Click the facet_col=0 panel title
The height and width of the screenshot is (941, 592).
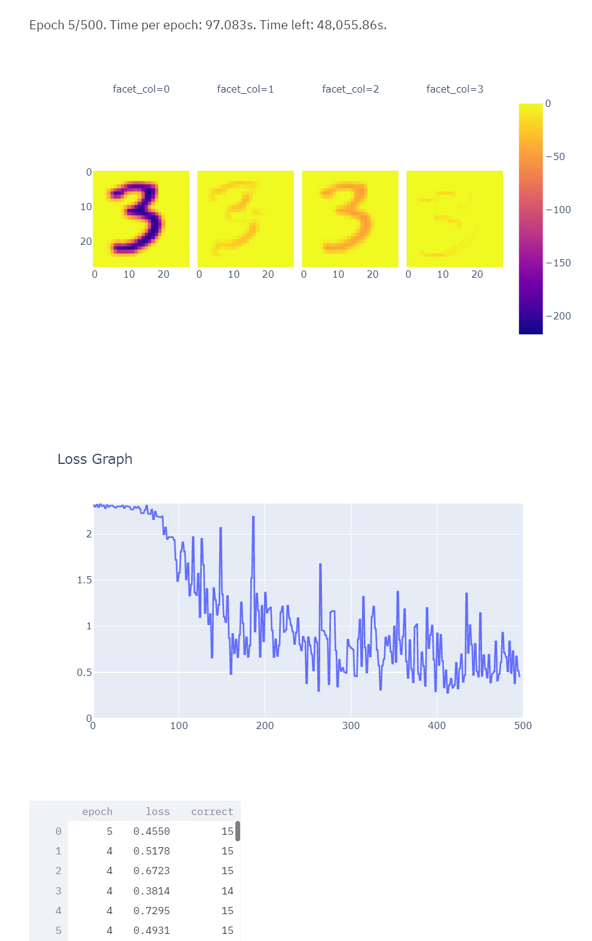(x=141, y=89)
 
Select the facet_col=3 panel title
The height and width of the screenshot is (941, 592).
(x=455, y=89)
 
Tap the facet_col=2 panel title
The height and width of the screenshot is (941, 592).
(x=350, y=89)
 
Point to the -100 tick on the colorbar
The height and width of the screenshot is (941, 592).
(x=559, y=210)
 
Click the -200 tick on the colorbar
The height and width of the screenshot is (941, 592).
(x=559, y=316)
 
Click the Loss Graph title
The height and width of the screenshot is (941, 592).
(x=95, y=459)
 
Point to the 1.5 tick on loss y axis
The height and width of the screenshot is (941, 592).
(x=84, y=580)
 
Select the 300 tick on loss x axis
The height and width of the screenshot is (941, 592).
(x=351, y=725)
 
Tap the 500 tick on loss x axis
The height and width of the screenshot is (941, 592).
(x=523, y=725)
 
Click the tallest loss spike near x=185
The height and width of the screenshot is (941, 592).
(x=253, y=517)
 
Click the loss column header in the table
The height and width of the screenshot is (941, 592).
(x=158, y=811)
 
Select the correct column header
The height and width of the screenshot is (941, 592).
(x=212, y=811)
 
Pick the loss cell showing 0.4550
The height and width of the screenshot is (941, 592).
(x=152, y=831)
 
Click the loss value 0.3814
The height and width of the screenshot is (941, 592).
(x=152, y=891)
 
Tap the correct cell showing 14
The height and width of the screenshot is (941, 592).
(x=228, y=891)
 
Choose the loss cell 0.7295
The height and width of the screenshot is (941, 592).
(x=152, y=911)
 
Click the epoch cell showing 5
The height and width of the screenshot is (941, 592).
(x=109, y=831)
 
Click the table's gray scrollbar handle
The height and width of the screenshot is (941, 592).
(x=238, y=831)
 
